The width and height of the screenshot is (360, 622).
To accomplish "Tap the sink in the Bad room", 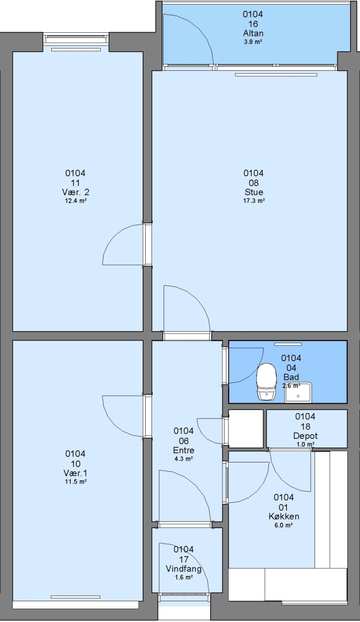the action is coord(298,393).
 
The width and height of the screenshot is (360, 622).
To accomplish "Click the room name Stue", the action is coord(253,192).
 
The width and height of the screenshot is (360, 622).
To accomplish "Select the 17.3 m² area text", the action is coord(253,201).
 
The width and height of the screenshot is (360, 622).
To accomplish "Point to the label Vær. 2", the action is coord(75,192).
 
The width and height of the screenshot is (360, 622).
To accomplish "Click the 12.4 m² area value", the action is coord(75,201).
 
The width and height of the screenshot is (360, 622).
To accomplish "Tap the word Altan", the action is coord(253,33).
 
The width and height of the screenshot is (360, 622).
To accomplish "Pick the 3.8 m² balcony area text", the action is coord(253,41).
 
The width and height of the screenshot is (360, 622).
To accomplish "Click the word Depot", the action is coord(305,436).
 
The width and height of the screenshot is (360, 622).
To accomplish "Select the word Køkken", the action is coord(284,517).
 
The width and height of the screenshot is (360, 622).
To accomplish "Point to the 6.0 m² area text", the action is coord(284,525).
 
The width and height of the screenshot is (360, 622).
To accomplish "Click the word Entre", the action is coord(184,450).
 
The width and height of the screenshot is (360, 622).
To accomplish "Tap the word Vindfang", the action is coord(184,569).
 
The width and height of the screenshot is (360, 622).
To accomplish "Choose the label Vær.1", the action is coord(75,473).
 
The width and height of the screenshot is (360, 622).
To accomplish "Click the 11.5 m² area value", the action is coord(75,481).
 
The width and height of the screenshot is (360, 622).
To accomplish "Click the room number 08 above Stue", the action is coord(253,183).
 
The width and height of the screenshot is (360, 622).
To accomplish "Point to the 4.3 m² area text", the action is coord(184,458).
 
